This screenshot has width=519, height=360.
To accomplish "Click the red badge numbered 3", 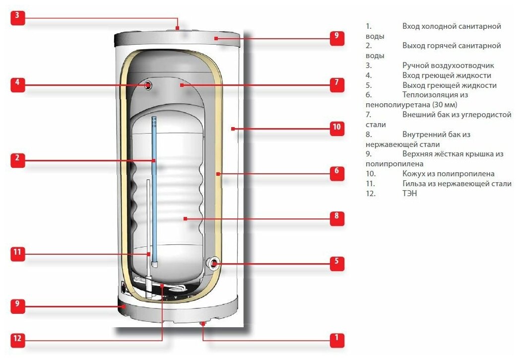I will [x=17, y=15].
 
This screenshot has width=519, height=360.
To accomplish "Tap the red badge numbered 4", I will [x=17, y=84].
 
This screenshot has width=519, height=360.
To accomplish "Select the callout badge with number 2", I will [x=17, y=158].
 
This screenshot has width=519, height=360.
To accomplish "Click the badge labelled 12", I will [x=17, y=339].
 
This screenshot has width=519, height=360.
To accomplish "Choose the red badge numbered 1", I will [x=337, y=340].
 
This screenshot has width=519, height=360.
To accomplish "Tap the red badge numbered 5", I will [x=337, y=263].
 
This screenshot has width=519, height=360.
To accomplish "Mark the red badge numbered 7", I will [x=337, y=84].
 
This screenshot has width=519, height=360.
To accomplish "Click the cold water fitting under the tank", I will [x=203, y=324].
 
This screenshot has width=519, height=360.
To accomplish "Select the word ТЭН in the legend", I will [x=410, y=194].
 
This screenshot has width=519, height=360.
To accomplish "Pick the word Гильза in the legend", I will [x=414, y=184].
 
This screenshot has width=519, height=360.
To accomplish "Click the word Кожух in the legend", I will [x=414, y=174].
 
